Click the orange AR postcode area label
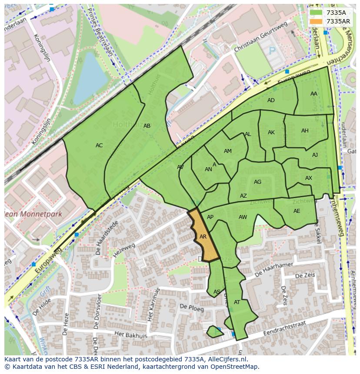(203, 237)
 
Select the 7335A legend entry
(336, 13)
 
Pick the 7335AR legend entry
(337, 21)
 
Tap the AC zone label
(99, 146)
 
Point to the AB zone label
(147, 126)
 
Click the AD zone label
(271, 100)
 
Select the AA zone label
(313, 94)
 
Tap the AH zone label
(305, 131)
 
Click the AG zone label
(257, 182)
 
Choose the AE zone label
(297, 211)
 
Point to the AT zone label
(237, 302)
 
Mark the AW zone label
(243, 217)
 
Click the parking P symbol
(272, 51)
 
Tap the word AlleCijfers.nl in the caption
(226, 359)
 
